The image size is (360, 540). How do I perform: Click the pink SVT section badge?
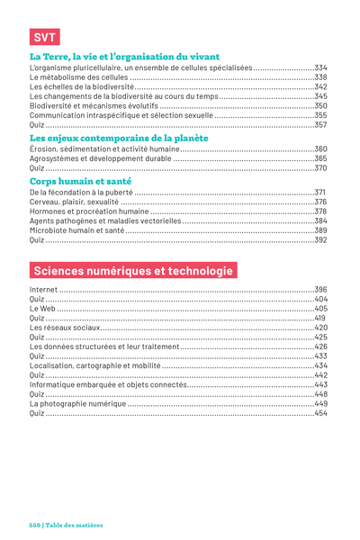[x=45, y=37]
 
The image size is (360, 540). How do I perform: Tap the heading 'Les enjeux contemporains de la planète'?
[x=119, y=138]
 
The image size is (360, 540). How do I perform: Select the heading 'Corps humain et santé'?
[x=81, y=181]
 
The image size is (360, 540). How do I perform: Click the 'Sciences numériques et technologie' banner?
[x=133, y=270]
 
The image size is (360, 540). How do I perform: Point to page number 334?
[x=320, y=67]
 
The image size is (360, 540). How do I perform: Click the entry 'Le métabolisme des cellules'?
[x=78, y=77]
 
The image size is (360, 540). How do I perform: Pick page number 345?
[x=320, y=96]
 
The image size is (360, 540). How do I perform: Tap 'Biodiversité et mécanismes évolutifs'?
[x=94, y=105]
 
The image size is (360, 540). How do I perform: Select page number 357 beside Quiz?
[x=320, y=125]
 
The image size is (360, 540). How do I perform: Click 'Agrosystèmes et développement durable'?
[x=100, y=158]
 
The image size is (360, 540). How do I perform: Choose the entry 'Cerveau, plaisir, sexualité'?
[x=74, y=202]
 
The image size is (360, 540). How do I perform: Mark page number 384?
[x=320, y=220]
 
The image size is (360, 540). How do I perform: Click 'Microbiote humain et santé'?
[x=76, y=230]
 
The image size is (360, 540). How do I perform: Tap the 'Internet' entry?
[x=43, y=290]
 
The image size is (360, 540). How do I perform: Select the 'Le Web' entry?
[x=42, y=309]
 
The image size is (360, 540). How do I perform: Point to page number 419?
[x=320, y=319]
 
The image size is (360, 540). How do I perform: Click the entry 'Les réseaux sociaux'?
[x=65, y=328]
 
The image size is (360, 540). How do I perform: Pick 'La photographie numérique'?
[x=78, y=403]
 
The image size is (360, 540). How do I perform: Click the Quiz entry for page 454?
[x=37, y=413]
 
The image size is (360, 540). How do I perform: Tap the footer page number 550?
[x=35, y=526]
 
